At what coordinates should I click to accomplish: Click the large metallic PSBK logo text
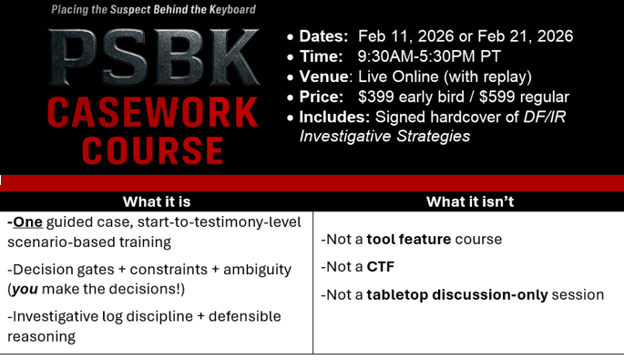click(x=154, y=57)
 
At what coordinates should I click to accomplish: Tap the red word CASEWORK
click(x=153, y=113)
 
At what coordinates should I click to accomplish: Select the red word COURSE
click(x=153, y=150)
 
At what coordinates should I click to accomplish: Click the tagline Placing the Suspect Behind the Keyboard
click(x=154, y=9)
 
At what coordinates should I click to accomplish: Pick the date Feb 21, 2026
click(x=525, y=36)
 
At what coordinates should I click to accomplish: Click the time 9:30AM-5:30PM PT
click(x=429, y=57)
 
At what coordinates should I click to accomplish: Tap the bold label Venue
click(x=323, y=77)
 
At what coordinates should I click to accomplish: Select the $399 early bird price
click(x=411, y=97)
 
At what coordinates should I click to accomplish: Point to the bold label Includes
click(x=334, y=117)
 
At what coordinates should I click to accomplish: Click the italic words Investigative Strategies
click(x=384, y=136)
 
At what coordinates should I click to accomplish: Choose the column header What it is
click(x=157, y=202)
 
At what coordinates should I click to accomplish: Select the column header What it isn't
click(x=470, y=202)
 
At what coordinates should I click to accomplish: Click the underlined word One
click(x=27, y=221)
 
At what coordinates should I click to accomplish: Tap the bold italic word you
click(x=25, y=290)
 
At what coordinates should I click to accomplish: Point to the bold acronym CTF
click(x=381, y=267)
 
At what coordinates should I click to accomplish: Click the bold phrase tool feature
click(x=409, y=240)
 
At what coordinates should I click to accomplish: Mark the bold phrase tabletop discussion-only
click(x=457, y=295)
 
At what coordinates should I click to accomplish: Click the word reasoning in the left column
click(x=41, y=337)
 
